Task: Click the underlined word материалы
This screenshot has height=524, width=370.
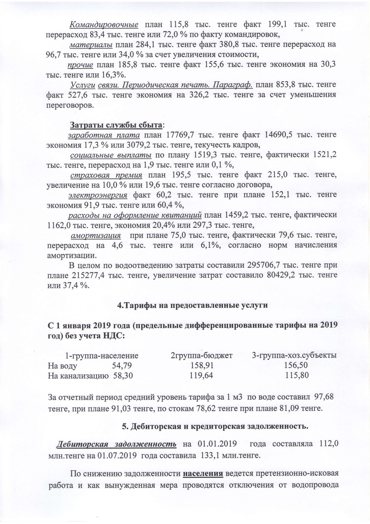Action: tap(91, 45)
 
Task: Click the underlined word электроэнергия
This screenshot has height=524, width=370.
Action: tap(98, 195)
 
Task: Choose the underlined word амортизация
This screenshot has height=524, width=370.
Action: tap(96, 235)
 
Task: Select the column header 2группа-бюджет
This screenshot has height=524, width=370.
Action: tap(202, 356)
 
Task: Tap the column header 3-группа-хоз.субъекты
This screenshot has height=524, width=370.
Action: tap(294, 356)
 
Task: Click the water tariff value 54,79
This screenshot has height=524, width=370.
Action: tap(122, 365)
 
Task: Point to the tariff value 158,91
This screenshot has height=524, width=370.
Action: tap(202, 365)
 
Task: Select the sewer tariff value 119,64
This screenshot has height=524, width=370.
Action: tap(201, 375)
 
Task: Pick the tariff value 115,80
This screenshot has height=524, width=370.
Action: tap(297, 375)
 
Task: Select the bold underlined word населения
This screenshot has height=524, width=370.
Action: tap(203, 474)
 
